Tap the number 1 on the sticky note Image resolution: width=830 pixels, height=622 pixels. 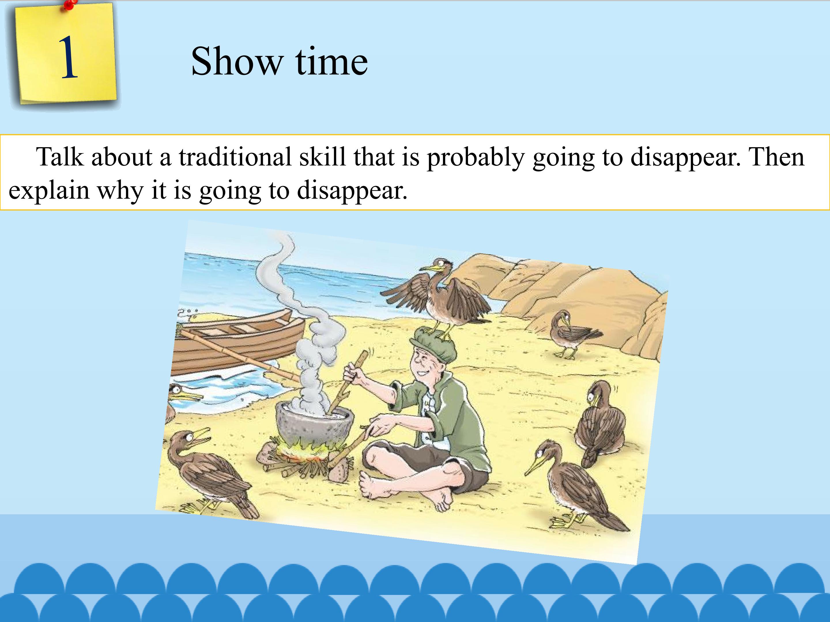pyautogui.click(x=69, y=58)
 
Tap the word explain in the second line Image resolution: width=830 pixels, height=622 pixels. pyautogui.click(x=49, y=190)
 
